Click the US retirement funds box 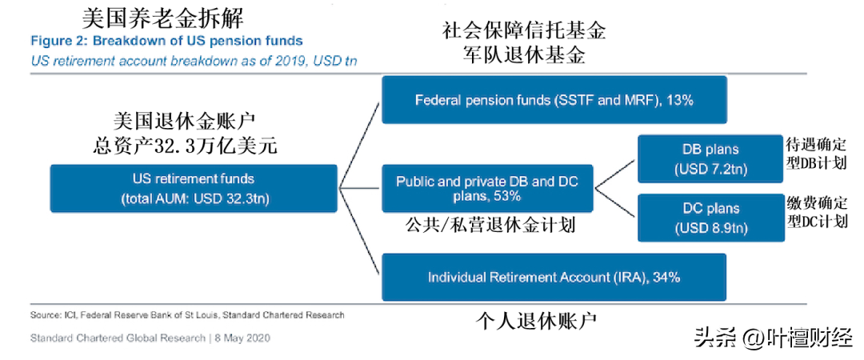(194, 188)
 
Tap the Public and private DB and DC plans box (488, 188)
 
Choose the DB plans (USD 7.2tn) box (711, 158)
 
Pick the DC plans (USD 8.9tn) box (711, 218)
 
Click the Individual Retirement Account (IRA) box (554, 277)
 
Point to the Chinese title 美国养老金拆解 (162, 20)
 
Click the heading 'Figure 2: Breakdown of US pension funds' (166, 41)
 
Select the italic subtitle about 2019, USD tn (194, 61)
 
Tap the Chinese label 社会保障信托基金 (523, 31)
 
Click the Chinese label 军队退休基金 (523, 56)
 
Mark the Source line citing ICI (187, 315)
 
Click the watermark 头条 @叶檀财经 (776, 338)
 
